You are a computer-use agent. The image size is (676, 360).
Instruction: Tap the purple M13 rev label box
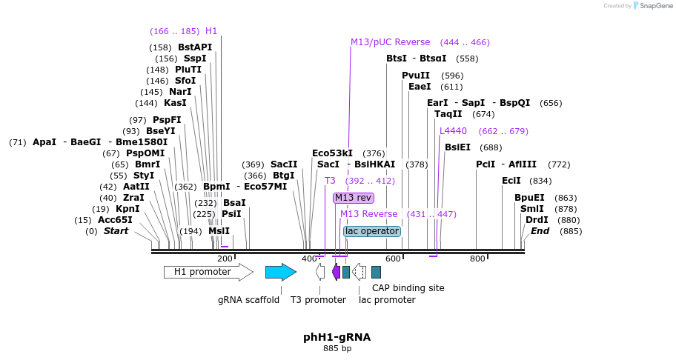[353, 198]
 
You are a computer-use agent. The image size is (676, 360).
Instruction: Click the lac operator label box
[372, 231]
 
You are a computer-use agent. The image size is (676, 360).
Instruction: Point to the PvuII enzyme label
[415, 76]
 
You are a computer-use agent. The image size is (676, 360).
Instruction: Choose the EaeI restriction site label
[420, 87]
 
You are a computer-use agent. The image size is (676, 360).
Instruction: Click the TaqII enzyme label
[448, 114]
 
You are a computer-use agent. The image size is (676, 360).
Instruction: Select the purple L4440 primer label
[453, 131]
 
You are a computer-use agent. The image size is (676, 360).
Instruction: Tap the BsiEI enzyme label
[457, 147]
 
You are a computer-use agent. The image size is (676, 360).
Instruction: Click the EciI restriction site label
[511, 181]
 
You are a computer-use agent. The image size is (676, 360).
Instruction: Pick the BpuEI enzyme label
[529, 198]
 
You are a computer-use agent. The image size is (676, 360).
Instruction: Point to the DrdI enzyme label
[537, 220]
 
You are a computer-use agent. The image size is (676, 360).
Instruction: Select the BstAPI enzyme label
[194, 47]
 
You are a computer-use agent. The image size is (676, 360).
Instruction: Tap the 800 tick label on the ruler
[477, 259]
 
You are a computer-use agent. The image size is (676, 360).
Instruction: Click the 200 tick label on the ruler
[225, 259]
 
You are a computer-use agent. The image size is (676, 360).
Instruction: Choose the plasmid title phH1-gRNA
[337, 337]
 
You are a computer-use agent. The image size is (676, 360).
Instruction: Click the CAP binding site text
[408, 287]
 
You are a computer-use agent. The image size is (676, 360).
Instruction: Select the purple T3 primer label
[330, 181]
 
